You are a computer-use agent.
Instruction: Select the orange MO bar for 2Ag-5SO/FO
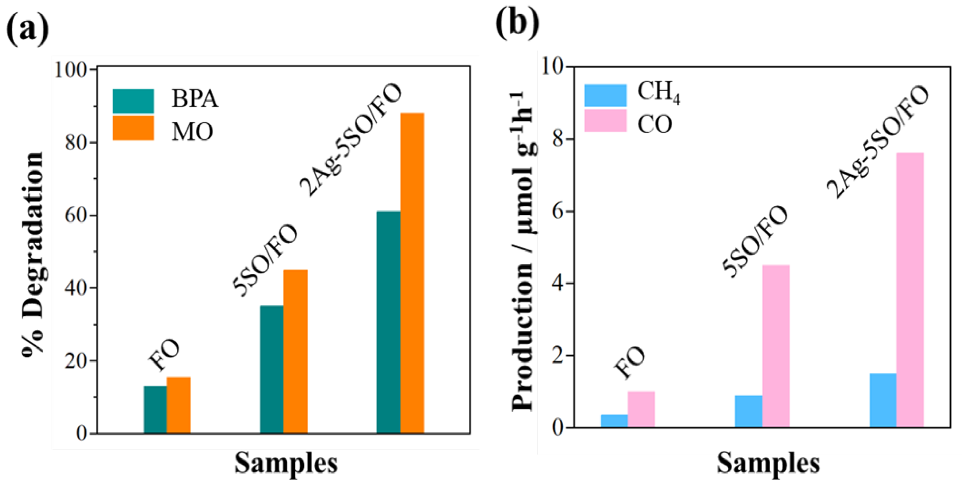(412, 273)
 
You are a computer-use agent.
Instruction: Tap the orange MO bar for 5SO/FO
(295, 351)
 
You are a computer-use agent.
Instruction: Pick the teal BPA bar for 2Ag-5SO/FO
(388, 322)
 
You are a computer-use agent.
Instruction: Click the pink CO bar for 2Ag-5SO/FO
(910, 290)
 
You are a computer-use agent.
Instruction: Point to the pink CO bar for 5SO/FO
(776, 346)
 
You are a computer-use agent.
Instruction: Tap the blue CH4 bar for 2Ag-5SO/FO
(883, 400)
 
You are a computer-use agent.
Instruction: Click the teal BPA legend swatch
(133, 101)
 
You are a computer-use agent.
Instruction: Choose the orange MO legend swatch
(133, 128)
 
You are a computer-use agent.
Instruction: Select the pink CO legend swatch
(605, 120)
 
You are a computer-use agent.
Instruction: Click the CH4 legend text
(658, 92)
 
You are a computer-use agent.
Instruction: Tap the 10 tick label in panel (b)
(553, 67)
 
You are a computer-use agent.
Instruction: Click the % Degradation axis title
(33, 254)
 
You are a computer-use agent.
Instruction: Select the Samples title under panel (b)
(768, 464)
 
